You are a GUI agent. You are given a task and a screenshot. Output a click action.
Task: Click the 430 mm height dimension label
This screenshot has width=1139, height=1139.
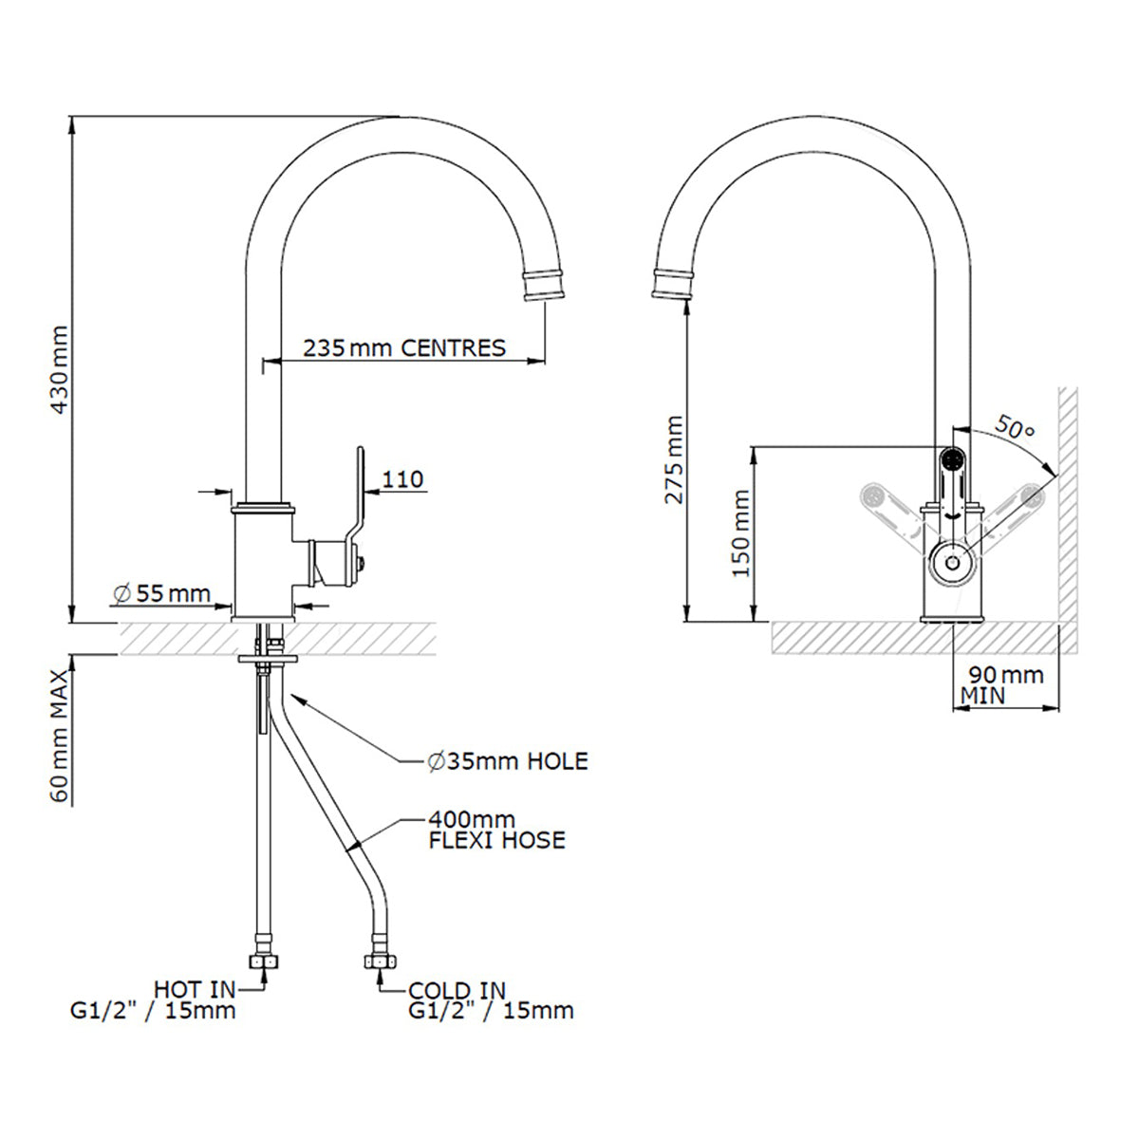(x=59, y=369)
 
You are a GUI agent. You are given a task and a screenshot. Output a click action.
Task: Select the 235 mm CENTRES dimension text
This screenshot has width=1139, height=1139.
(x=404, y=347)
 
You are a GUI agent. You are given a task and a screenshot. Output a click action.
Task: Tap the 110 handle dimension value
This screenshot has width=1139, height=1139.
(x=404, y=479)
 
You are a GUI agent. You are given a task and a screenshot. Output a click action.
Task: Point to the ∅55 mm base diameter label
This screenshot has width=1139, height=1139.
(x=161, y=594)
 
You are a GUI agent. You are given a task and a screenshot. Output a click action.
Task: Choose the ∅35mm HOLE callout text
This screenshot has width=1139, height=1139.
(x=507, y=760)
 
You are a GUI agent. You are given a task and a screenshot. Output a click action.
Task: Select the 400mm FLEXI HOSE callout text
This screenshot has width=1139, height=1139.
(x=495, y=830)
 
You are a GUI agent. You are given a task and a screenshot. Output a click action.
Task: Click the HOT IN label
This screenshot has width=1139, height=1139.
(x=195, y=991)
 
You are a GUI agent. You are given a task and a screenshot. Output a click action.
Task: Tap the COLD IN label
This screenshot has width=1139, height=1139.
(x=457, y=991)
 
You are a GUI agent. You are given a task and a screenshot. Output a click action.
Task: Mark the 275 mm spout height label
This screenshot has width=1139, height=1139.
(x=674, y=459)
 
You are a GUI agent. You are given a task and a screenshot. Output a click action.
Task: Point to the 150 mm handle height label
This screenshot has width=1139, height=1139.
(x=741, y=533)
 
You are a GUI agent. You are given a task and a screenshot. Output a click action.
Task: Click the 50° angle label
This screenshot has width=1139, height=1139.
(x=1015, y=429)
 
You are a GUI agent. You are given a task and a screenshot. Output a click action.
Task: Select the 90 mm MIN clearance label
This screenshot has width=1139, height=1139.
(x=1004, y=684)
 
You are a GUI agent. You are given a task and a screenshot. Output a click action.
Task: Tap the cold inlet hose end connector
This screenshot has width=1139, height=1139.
(x=378, y=961)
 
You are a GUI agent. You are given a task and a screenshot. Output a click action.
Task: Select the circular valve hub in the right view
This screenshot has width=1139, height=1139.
(x=951, y=565)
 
